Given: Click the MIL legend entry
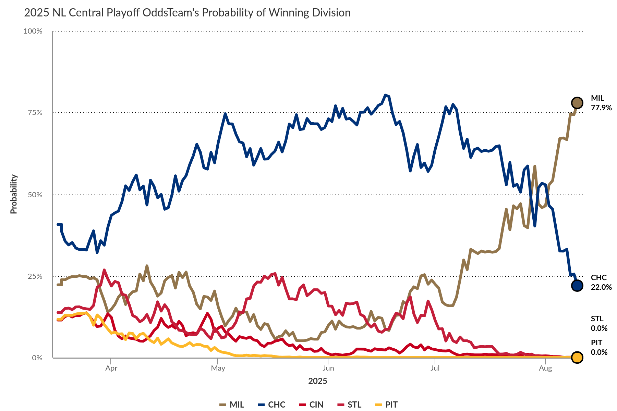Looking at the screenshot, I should pos(232,404).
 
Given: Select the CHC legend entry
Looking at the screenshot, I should pos(272,404).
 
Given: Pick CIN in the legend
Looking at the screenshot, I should pos(312,404).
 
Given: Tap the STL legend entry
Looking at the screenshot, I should pos(350,404).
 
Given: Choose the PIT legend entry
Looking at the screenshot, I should pos(387,404).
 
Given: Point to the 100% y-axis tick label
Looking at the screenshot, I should pos(33,31).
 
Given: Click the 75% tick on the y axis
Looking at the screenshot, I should pos(35,113).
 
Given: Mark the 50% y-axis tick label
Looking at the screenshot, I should pos(35,195).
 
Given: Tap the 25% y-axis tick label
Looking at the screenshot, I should pos(35,276).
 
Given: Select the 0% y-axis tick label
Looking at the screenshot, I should pos(37,358).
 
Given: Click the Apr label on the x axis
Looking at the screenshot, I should pos(111,368).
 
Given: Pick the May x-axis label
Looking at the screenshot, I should pos(218,368).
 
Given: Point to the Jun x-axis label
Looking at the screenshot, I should pos(328,368).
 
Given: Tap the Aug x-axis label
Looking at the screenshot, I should pos(545,368).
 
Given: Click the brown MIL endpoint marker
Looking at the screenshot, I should pos(577,103).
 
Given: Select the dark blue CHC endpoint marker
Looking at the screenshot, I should pos(577,285).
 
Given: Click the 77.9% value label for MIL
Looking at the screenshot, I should pos(601,108).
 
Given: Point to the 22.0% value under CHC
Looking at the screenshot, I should pos(601,287).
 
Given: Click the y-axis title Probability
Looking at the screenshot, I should pos(14,194).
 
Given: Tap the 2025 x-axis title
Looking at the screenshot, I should pos(318,381).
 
